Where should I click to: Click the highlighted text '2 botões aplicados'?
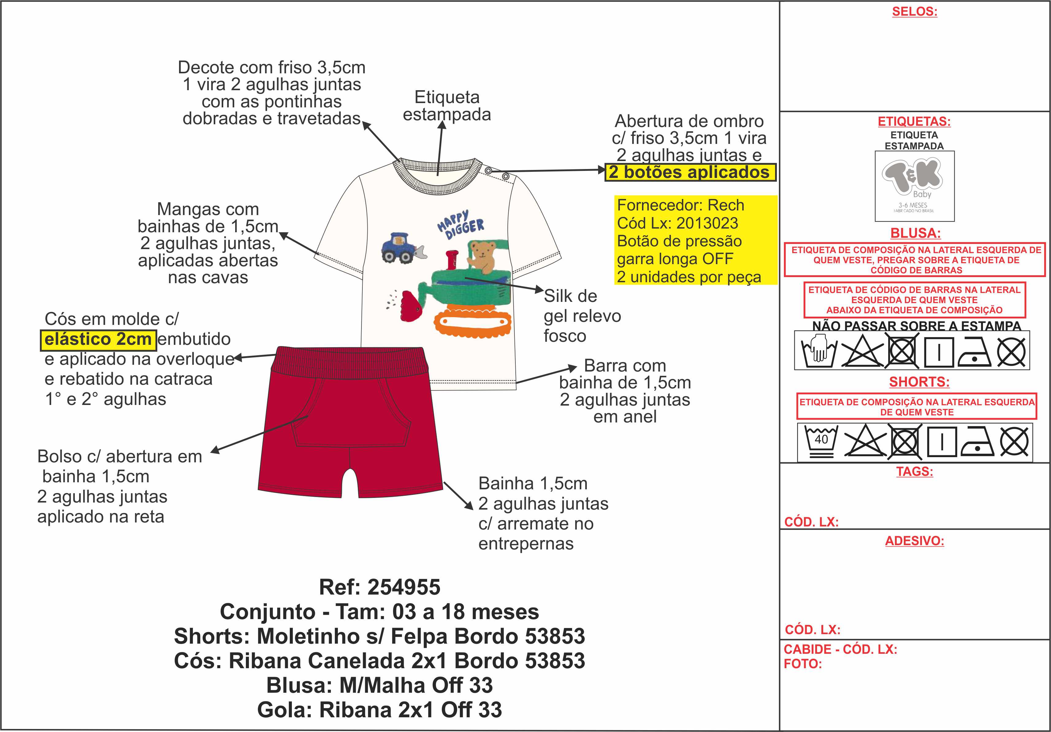(x=690, y=172)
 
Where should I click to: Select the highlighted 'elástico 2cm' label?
(x=98, y=339)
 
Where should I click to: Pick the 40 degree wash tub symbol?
(x=821, y=441)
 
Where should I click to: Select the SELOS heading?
(x=915, y=11)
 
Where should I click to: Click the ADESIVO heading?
(x=915, y=541)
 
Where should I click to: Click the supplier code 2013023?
(x=707, y=223)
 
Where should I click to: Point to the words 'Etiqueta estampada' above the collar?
(x=447, y=106)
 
